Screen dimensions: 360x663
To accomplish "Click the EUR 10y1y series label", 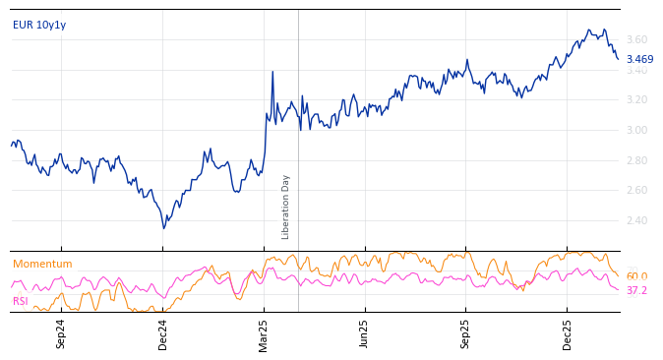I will [x=39, y=25].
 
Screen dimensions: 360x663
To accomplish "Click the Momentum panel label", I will [x=42, y=264].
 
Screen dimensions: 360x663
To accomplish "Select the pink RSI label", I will [x=20, y=301].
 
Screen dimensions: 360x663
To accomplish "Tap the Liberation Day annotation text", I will [x=286, y=207].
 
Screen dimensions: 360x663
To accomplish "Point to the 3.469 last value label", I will [x=639, y=59].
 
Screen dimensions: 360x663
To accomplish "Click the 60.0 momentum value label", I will [x=636, y=276].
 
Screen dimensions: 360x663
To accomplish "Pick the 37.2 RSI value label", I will [x=636, y=291].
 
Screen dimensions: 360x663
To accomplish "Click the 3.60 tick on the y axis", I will [x=636, y=39].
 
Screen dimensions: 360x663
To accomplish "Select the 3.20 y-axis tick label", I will [x=636, y=99].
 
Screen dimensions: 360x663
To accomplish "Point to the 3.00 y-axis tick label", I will [x=636, y=130].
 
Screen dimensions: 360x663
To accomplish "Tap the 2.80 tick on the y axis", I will [x=636, y=160].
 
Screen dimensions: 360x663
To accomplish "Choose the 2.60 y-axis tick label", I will [x=636, y=190].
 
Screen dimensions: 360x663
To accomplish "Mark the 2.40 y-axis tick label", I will [x=636, y=220].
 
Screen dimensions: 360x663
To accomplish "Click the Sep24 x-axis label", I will [x=61, y=332].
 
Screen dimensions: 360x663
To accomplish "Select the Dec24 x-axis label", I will [x=163, y=332].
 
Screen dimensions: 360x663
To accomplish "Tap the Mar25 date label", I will [x=264, y=332].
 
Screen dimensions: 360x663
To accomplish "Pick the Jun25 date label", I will [x=365, y=332].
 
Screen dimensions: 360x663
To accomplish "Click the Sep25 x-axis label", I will [x=466, y=332].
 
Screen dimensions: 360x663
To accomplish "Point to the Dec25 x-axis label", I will [x=568, y=332].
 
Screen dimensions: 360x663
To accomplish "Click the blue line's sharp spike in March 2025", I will [x=272, y=72].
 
